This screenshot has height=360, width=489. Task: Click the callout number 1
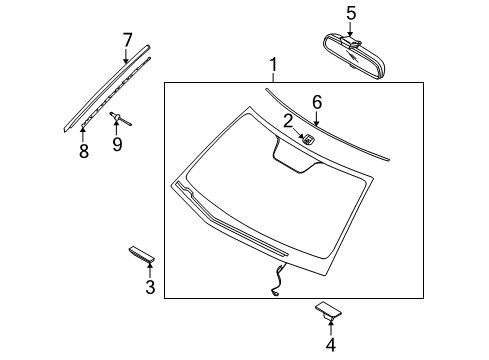point(273,68)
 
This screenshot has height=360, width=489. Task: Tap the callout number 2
point(287,121)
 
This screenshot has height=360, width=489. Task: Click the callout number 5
point(351,14)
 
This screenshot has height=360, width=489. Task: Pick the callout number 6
point(317,102)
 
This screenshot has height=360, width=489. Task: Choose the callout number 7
point(127,40)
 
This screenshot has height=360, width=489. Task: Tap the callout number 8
point(83,151)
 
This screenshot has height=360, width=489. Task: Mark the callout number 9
point(118,145)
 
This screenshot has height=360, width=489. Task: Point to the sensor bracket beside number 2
point(308,138)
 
